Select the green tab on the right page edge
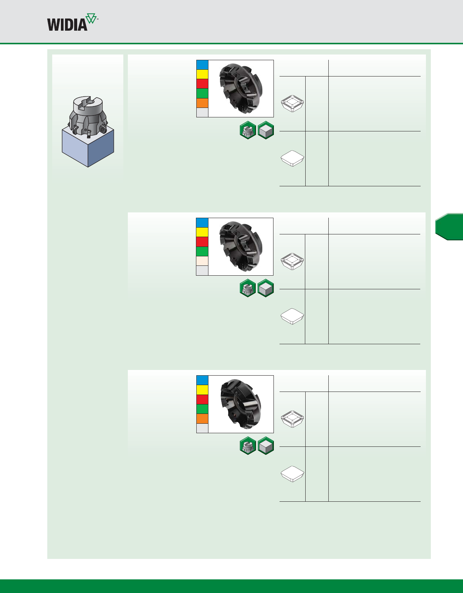coord(449,227)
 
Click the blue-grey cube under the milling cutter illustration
coord(88,148)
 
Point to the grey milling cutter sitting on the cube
coord(88,115)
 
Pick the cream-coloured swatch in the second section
coord(202,261)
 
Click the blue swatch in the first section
coord(202,65)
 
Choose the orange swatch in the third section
coord(202,418)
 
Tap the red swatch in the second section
coord(202,242)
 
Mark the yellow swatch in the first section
coord(202,74)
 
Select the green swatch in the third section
coord(202,409)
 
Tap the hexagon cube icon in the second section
coord(266,288)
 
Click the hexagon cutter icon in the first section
coord(248,131)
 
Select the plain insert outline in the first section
coord(292,158)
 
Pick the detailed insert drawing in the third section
coord(292,419)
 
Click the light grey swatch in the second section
coord(202,270)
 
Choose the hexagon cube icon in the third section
coord(266,446)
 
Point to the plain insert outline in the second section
coord(292,316)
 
